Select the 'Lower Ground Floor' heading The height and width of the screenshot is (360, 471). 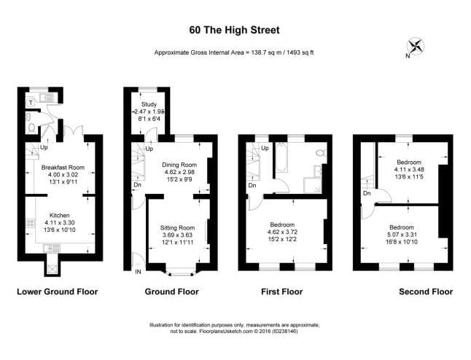tap(57, 291)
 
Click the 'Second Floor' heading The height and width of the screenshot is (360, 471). tap(425, 291)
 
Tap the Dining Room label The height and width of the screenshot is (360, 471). tap(179, 165)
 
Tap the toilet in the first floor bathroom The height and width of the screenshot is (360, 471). tap(320, 152)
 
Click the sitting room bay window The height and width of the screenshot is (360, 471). tap(177, 274)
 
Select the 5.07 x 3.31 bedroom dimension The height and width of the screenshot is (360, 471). tap(402, 234)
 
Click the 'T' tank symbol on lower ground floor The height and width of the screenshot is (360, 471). tap(29, 103)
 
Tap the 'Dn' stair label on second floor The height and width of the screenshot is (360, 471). tap(367, 194)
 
